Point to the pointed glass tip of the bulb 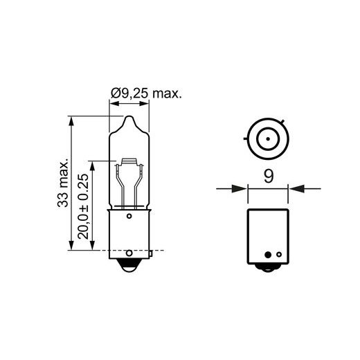click(129, 120)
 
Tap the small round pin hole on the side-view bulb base click(129, 217)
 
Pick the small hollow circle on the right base click(278, 253)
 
